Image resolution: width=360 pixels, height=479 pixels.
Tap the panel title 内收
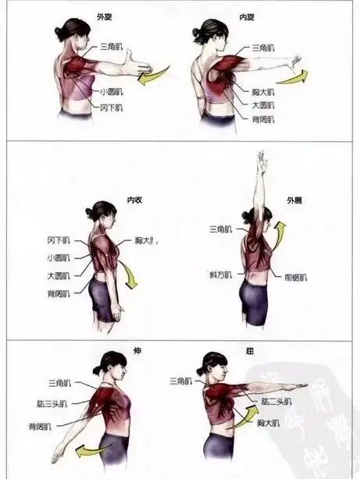click(134, 200)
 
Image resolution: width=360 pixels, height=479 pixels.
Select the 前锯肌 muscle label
click(296, 276)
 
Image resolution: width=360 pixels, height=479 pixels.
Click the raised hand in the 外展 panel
click(261, 163)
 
